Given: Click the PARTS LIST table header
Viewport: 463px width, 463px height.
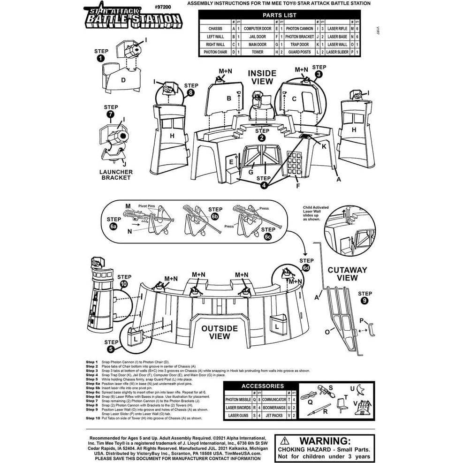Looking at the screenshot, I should [279, 15].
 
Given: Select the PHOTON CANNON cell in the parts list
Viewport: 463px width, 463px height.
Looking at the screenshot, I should [299, 29].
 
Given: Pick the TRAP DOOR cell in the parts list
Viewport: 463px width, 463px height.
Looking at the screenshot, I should [299, 44].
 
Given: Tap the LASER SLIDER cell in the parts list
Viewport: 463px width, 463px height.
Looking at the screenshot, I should [337, 52].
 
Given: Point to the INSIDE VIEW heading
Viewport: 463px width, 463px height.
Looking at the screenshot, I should [262, 77].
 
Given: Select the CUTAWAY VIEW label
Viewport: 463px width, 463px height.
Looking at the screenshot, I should [347, 273].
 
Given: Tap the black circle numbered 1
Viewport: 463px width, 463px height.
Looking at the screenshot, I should [100, 59].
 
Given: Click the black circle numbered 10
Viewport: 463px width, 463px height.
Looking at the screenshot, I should [124, 284].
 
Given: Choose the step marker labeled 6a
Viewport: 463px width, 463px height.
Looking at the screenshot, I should [114, 226].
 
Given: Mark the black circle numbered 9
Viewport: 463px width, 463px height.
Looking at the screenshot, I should [364, 301].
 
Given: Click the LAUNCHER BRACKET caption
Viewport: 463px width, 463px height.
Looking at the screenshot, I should [116, 175].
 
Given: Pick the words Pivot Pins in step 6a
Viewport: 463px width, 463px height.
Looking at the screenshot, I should [147, 206].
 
